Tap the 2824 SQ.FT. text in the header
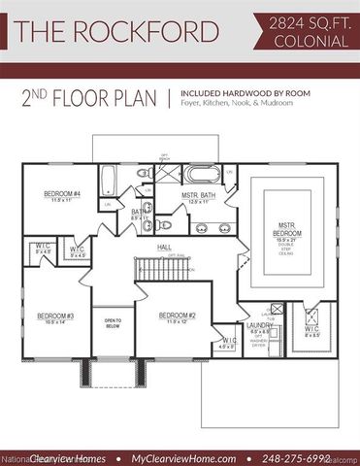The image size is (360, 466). (303, 21)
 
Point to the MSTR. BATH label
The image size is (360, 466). (201, 199)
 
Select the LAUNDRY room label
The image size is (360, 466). (259, 325)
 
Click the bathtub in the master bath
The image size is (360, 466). (205, 177)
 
